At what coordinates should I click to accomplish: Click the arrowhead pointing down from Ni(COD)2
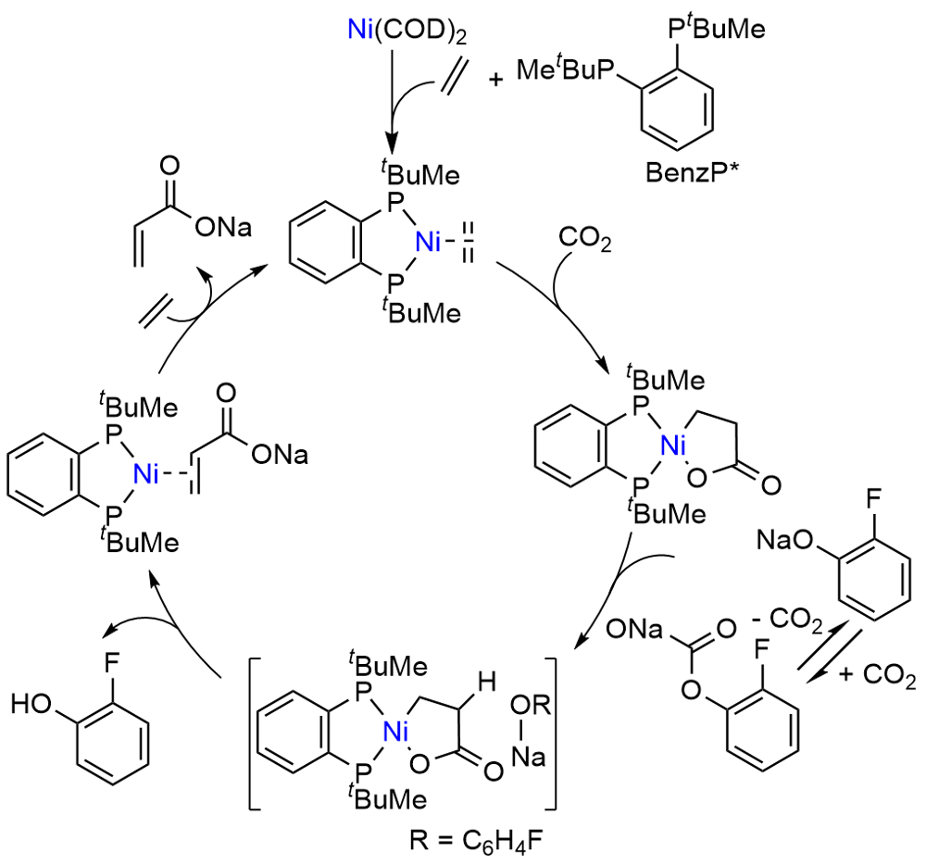click(x=393, y=143)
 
